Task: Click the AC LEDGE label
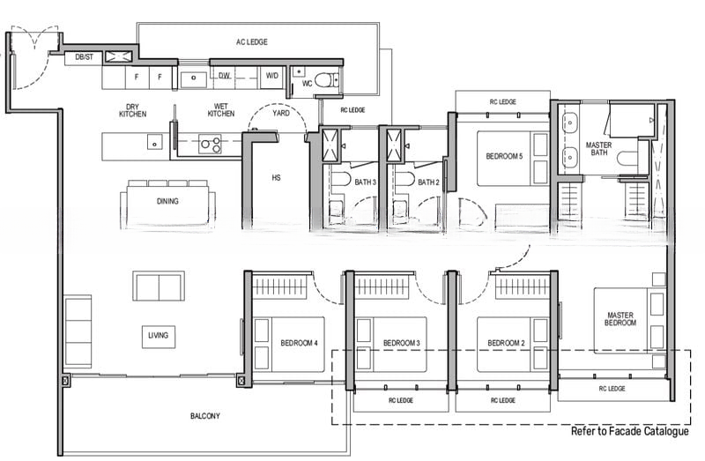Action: point(252,41)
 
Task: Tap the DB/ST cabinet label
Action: point(84,57)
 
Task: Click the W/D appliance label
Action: point(272,76)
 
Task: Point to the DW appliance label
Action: point(225,76)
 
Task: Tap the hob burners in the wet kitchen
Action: point(210,144)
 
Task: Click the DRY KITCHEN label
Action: point(133,110)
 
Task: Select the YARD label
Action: point(281,113)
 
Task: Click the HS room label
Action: point(276,178)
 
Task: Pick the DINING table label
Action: point(167,201)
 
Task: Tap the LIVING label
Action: point(159,335)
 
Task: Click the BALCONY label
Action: point(205,416)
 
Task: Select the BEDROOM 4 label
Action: point(299,343)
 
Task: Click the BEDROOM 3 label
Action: point(402,343)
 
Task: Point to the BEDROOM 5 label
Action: point(504,157)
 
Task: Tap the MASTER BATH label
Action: point(599,149)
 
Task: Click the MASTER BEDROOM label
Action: point(620,319)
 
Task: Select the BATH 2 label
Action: point(428,182)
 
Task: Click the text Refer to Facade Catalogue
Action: point(630,431)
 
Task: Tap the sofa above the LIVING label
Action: point(159,286)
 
